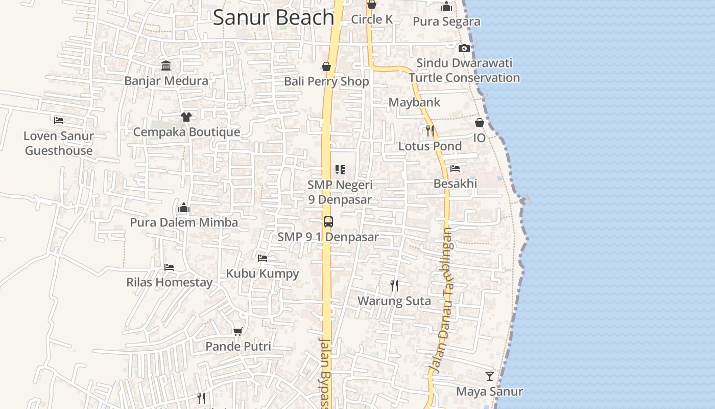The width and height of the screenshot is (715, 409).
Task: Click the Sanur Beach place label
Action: click(x=273, y=17)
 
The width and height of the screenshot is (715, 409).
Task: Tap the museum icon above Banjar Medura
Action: click(x=166, y=65)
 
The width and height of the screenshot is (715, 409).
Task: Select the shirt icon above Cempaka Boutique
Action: click(x=186, y=117)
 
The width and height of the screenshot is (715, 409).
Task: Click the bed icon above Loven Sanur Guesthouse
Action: click(x=59, y=121)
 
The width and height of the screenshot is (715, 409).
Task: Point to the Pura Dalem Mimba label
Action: click(x=184, y=222)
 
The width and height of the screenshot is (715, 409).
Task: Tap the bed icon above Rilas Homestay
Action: click(x=169, y=267)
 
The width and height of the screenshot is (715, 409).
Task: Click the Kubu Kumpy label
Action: click(x=263, y=274)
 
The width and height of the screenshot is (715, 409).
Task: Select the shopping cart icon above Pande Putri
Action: click(x=237, y=331)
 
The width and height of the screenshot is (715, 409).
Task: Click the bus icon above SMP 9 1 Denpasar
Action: click(x=328, y=222)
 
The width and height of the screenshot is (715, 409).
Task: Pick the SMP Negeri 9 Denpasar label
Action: click(x=340, y=192)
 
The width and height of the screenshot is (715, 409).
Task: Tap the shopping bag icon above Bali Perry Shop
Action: click(x=326, y=66)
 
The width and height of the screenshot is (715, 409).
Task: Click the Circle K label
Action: click(x=372, y=19)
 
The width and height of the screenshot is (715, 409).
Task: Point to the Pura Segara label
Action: click(x=446, y=21)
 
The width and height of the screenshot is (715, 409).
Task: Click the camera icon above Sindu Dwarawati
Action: click(x=464, y=48)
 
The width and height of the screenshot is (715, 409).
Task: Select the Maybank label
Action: click(x=414, y=102)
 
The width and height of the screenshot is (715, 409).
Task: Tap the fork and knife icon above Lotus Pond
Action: click(x=430, y=130)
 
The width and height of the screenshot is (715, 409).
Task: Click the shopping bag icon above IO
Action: click(x=479, y=123)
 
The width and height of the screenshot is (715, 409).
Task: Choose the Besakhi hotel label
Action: click(x=455, y=183)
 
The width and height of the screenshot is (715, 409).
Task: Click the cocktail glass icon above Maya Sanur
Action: click(x=489, y=376)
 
